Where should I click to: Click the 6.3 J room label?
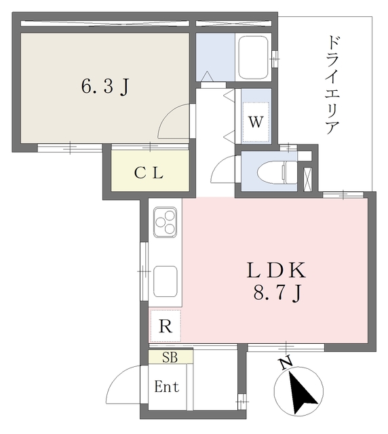tap(105, 87)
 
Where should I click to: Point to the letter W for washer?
tap(255, 123)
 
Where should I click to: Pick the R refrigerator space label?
tap(165, 326)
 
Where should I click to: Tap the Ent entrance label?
tap(167, 387)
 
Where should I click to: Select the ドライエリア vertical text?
tap(332, 85)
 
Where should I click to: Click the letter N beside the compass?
tap(286, 364)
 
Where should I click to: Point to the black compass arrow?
tap(298, 393)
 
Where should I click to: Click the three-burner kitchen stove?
tap(165, 221)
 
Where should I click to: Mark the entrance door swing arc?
tap(128, 384)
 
